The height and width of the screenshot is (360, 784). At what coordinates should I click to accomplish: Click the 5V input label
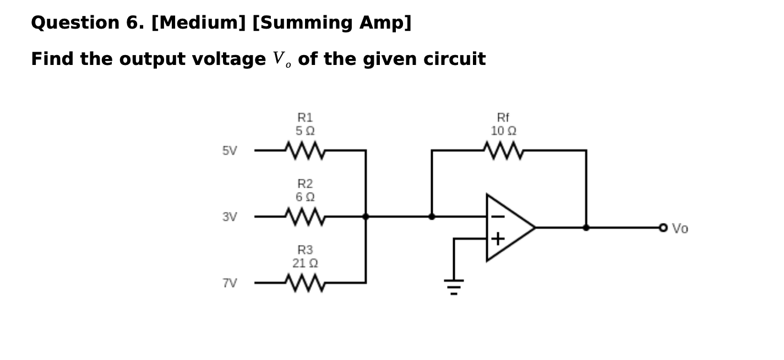[x=230, y=151]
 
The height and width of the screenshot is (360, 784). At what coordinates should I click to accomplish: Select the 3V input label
[x=230, y=217]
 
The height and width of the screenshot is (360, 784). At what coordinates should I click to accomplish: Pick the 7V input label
[x=230, y=283]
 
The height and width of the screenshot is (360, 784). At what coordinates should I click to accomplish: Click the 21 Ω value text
[x=305, y=263]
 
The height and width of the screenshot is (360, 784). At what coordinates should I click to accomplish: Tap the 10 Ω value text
[x=503, y=131]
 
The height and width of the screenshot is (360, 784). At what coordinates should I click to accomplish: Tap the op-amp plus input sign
[x=497, y=239]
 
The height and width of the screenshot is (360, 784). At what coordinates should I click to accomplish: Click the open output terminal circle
[x=663, y=227]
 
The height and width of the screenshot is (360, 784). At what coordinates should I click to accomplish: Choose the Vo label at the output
[x=680, y=228]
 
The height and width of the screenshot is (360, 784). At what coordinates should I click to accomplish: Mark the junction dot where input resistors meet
[x=366, y=216]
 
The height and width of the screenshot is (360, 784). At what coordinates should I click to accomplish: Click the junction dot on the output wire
[x=586, y=227]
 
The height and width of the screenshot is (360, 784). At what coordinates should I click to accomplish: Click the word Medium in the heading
[x=200, y=23]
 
